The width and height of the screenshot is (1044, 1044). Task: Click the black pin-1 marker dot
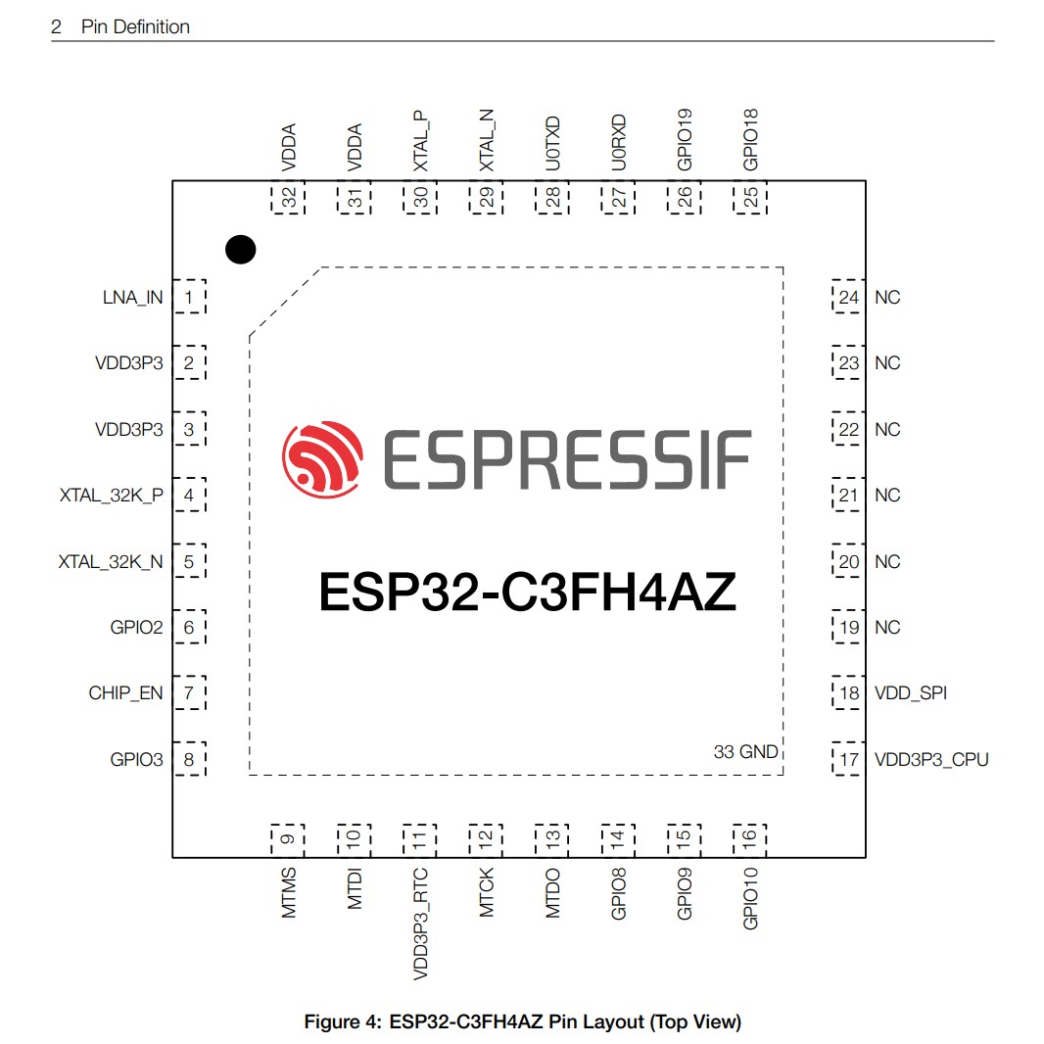click(x=240, y=250)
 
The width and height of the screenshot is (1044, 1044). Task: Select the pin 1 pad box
click(x=190, y=297)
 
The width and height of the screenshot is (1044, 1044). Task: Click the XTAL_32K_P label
click(x=112, y=496)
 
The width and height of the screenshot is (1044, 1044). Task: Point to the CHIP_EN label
click(x=126, y=693)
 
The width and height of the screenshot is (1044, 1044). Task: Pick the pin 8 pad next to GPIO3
click(x=190, y=759)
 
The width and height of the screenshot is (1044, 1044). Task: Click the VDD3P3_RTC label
click(x=421, y=924)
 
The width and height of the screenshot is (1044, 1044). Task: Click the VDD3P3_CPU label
click(x=931, y=759)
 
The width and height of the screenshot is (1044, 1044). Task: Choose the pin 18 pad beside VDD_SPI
click(x=848, y=693)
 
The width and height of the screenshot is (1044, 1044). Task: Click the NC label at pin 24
click(x=887, y=298)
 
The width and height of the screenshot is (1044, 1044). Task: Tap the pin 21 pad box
click(x=848, y=496)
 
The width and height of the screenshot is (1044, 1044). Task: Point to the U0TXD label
click(x=552, y=144)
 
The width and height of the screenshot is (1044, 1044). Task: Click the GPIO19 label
click(x=685, y=139)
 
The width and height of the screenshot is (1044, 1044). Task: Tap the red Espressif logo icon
click(x=322, y=458)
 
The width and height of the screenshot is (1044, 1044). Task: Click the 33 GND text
click(x=745, y=752)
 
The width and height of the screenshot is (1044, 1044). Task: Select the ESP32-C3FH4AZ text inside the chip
click(x=527, y=593)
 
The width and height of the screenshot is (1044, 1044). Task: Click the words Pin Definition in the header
click(x=135, y=27)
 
